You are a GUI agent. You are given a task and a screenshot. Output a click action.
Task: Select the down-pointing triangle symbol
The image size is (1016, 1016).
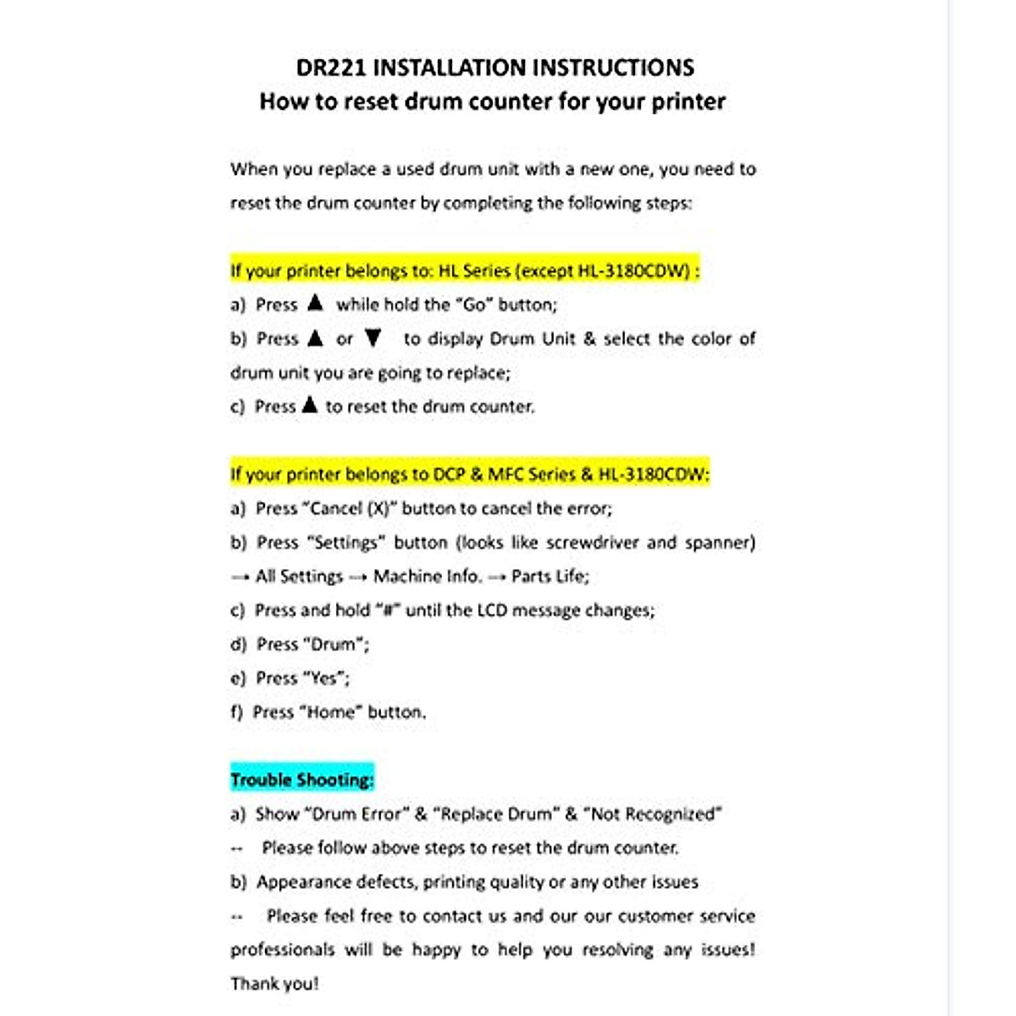point(373,339)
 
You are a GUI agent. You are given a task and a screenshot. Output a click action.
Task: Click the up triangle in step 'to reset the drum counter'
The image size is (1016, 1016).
point(310,406)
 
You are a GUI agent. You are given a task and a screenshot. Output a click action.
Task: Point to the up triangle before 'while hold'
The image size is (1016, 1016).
point(315,303)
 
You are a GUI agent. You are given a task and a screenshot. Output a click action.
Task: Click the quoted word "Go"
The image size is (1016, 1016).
point(475,305)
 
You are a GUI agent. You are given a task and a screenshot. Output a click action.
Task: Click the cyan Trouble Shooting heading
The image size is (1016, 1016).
point(302,780)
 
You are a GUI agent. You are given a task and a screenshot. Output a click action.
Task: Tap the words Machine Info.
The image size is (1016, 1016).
point(428,577)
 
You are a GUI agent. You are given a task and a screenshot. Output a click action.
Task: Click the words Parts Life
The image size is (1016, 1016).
point(549,577)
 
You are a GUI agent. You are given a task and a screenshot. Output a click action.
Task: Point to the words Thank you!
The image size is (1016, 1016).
point(274,984)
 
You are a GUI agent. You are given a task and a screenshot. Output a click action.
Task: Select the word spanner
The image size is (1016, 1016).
point(720,543)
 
